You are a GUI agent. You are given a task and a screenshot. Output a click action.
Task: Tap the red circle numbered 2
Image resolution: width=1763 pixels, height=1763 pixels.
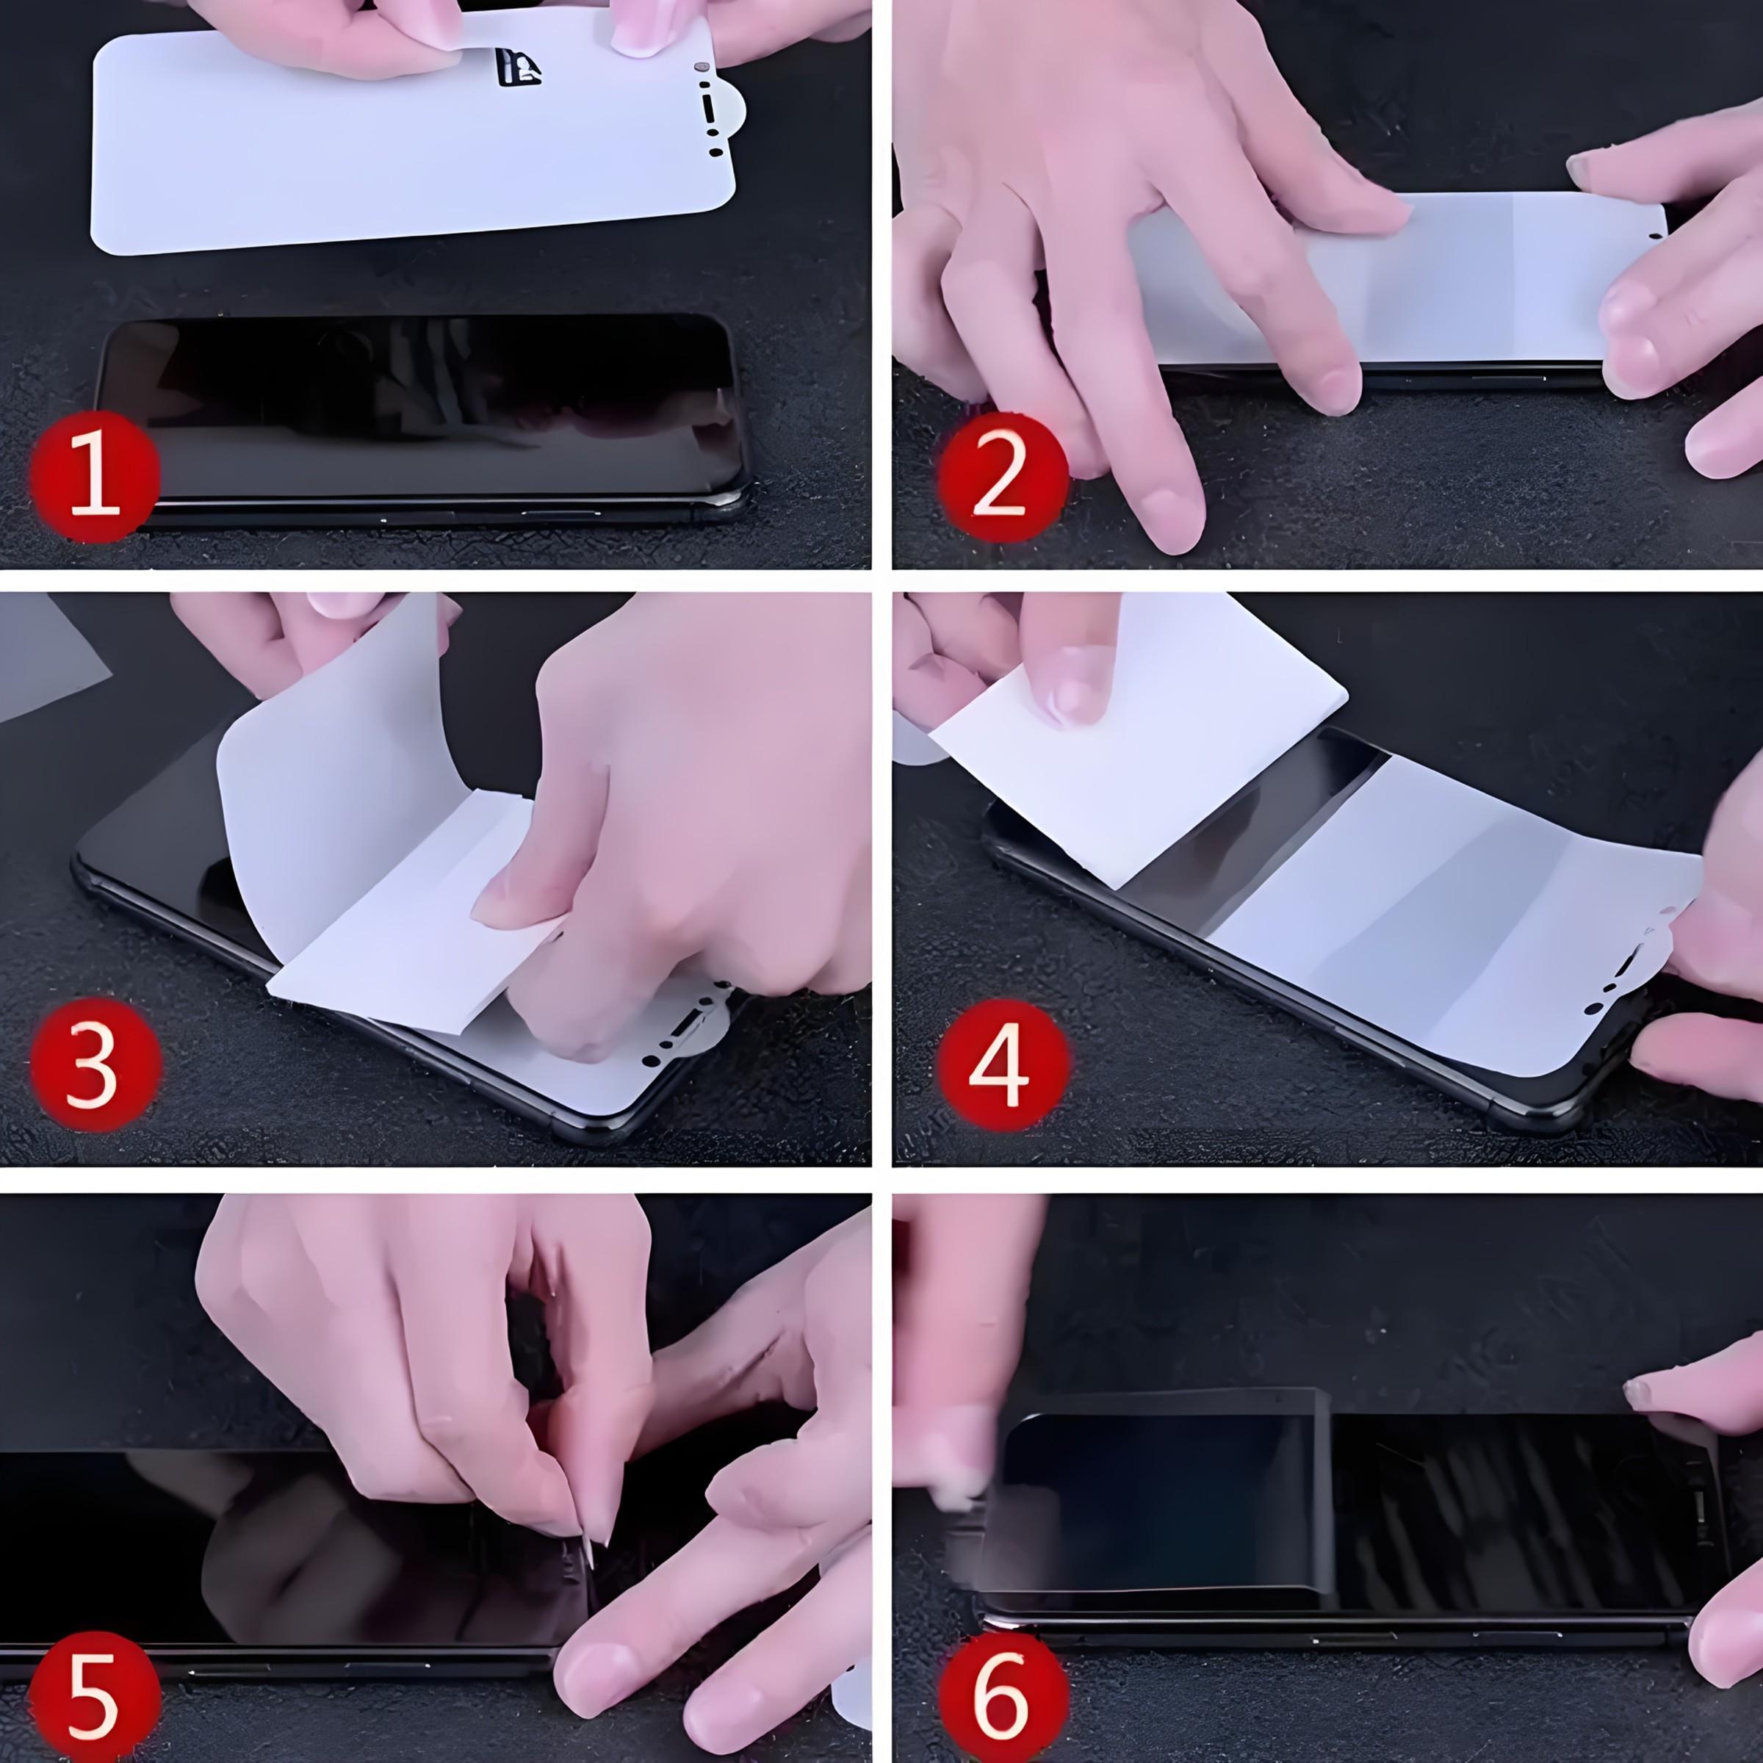(x=1002, y=478)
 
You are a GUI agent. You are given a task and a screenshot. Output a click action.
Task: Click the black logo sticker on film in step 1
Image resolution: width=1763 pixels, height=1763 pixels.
(x=517, y=68)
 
